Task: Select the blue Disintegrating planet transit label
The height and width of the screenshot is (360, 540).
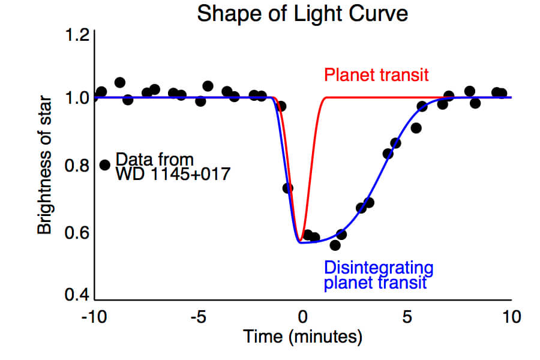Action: coord(378,274)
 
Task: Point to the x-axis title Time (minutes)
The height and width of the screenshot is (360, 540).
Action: coord(302,337)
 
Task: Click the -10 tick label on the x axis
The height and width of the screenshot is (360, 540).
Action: coord(95,316)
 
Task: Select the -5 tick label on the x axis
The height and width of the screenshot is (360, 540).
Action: coord(197,316)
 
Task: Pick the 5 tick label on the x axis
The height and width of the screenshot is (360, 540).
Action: coord(407,316)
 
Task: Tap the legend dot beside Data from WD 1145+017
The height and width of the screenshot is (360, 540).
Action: coord(105,164)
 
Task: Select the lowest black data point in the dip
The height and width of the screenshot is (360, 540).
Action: coord(335,245)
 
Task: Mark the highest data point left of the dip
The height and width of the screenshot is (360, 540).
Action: coord(120,82)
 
